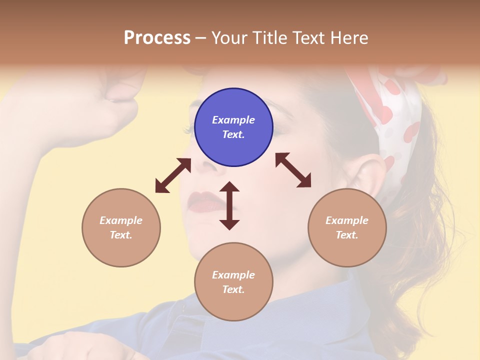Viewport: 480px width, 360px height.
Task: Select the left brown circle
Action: [121, 227]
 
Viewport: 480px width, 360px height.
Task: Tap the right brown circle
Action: [347, 227]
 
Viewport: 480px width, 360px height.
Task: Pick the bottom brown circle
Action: [233, 282]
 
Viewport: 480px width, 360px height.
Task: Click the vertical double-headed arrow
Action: [229, 205]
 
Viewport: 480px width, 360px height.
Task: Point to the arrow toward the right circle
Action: [293, 170]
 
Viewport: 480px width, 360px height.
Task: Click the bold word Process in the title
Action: [157, 37]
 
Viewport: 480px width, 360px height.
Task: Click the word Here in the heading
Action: [349, 37]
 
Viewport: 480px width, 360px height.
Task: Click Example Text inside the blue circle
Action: [233, 127]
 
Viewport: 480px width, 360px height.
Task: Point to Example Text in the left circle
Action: [121, 227]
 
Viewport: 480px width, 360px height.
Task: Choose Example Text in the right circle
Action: [347, 227]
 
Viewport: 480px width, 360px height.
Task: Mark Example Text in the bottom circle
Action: [233, 282]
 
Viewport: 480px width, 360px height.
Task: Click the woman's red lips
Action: [203, 200]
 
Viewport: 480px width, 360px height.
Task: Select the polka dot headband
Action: [395, 120]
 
